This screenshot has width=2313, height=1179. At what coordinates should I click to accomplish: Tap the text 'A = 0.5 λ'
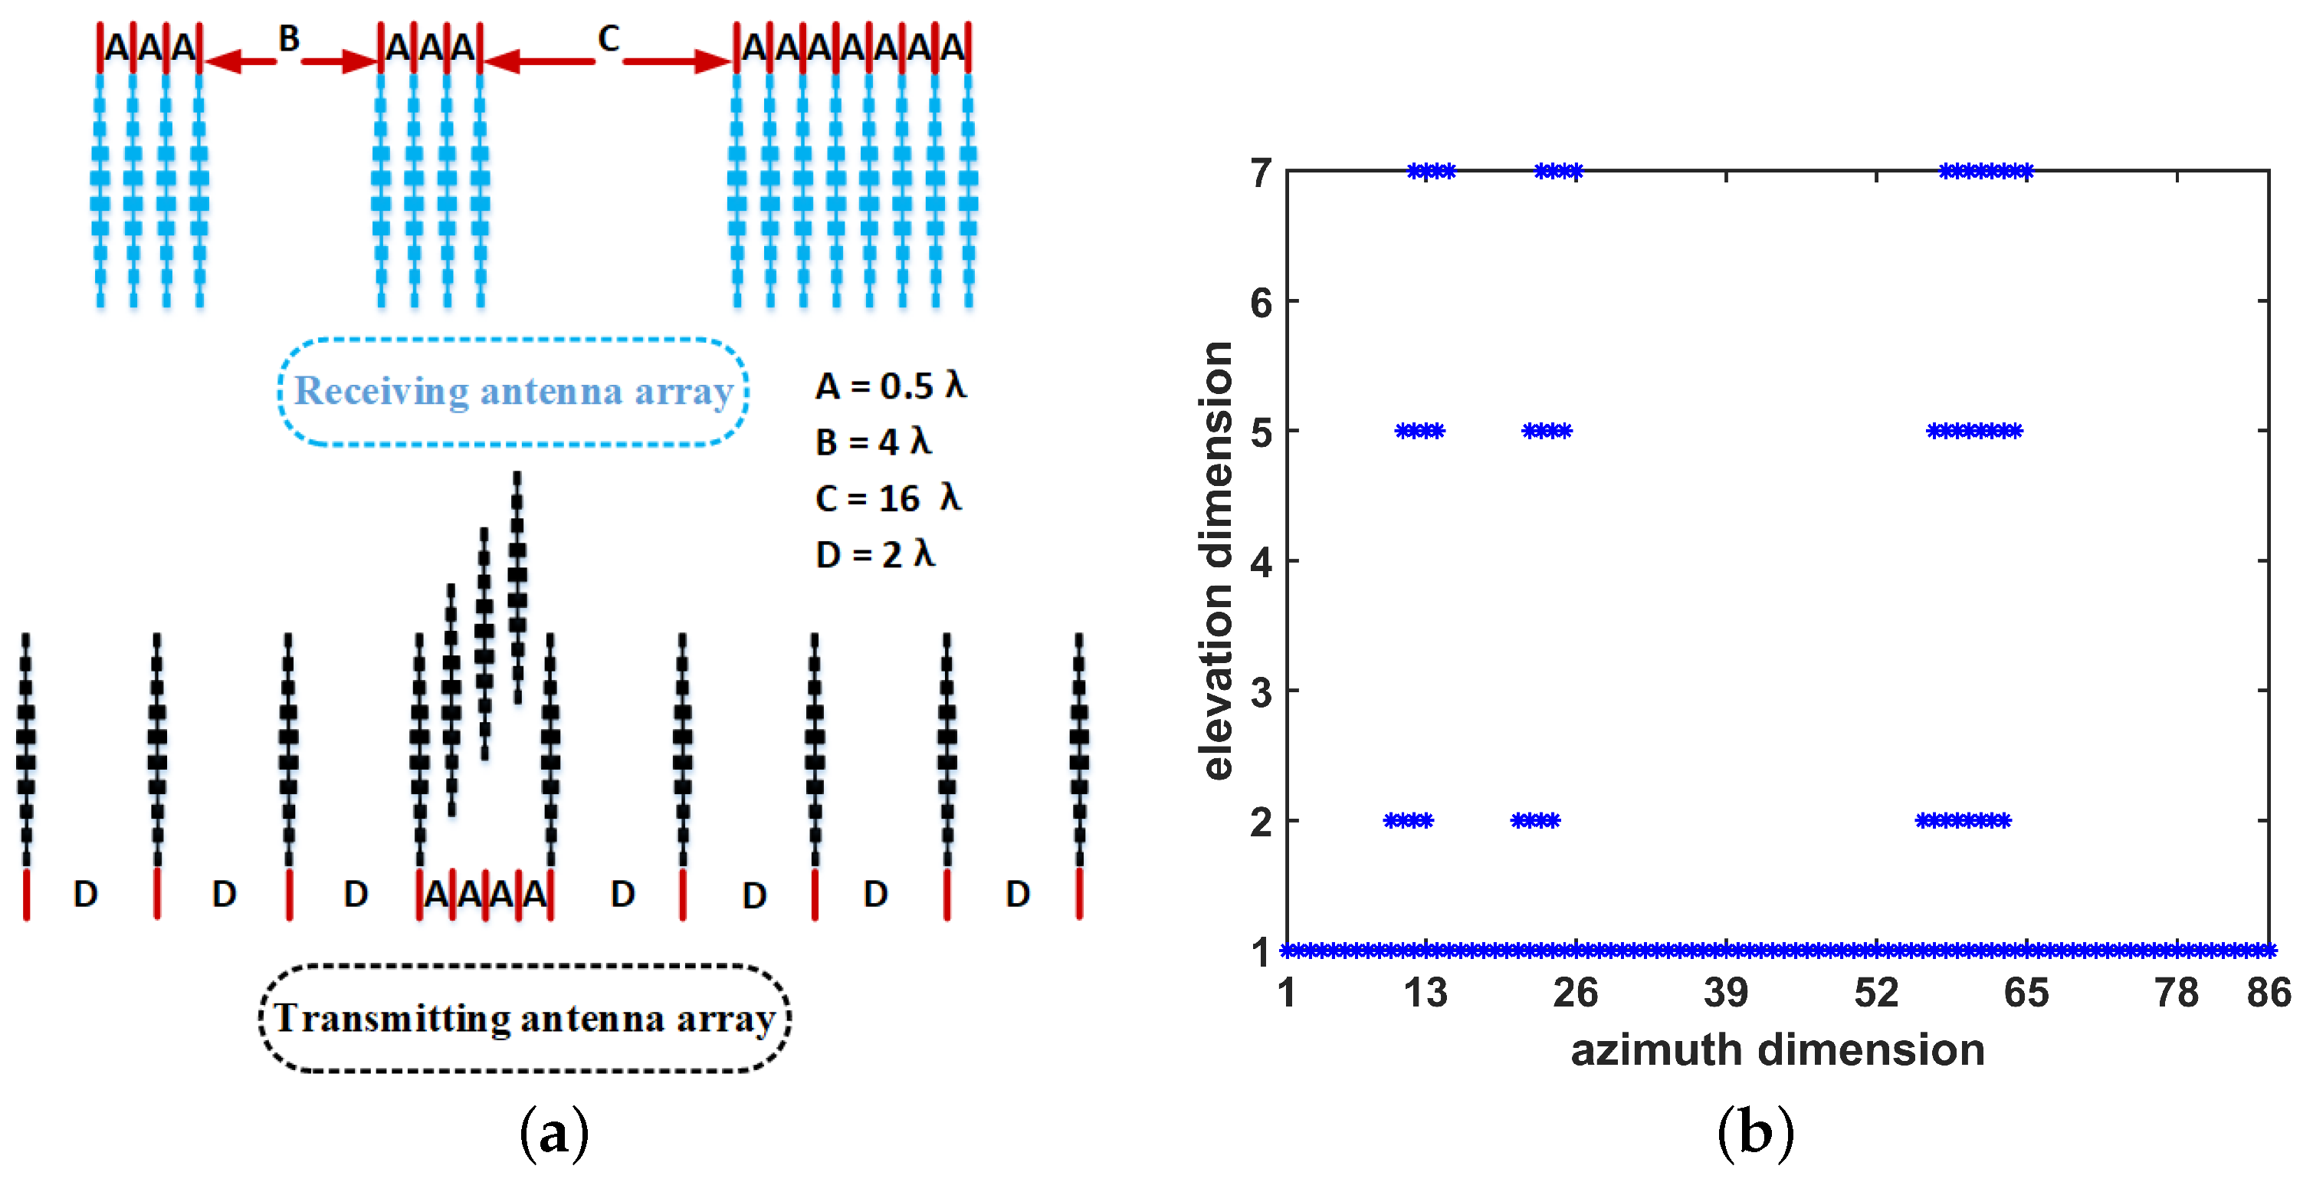(890, 386)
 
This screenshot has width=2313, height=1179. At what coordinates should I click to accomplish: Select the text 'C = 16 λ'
(887, 498)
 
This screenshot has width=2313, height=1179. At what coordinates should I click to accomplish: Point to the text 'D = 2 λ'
(874, 554)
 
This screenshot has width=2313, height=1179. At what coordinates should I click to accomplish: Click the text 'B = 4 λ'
(873, 442)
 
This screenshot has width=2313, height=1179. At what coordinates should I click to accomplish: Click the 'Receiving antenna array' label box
(513, 392)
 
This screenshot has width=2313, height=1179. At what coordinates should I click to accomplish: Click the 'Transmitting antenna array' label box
(524, 1018)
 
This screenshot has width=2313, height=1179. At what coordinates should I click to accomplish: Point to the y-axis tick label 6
(1261, 304)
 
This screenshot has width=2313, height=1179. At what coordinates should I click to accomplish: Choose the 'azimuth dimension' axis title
(1777, 1049)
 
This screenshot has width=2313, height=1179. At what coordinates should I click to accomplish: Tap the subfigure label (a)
(554, 1133)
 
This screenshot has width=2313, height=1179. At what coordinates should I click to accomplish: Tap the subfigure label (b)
(1755, 1133)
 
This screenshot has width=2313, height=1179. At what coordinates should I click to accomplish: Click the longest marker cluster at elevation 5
(1973, 431)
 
